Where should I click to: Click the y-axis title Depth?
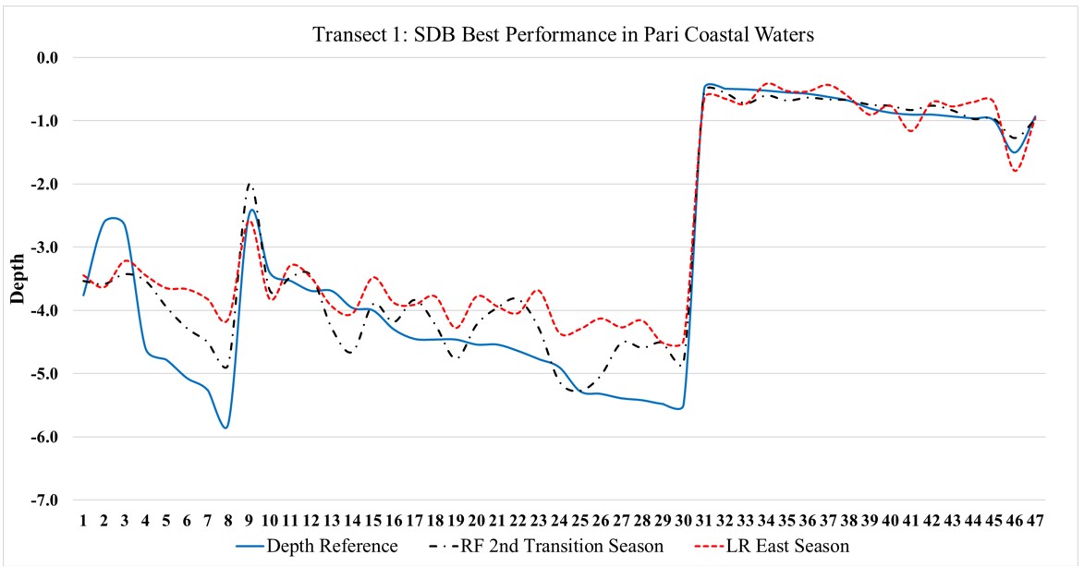tap(18, 279)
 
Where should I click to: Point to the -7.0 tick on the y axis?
tap(45, 500)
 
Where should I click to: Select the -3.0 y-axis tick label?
tap(45, 247)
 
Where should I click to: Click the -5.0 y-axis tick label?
tap(45, 373)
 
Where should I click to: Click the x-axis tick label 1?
tap(83, 520)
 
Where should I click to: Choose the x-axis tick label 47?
tap(1034, 520)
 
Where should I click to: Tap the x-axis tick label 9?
tap(249, 520)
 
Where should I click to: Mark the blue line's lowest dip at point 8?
tap(225, 428)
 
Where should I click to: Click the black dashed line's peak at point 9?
tap(250, 184)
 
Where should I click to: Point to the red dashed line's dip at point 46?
tap(1015, 171)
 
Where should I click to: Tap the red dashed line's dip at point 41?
tap(912, 131)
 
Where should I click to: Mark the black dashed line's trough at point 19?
tap(456, 358)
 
